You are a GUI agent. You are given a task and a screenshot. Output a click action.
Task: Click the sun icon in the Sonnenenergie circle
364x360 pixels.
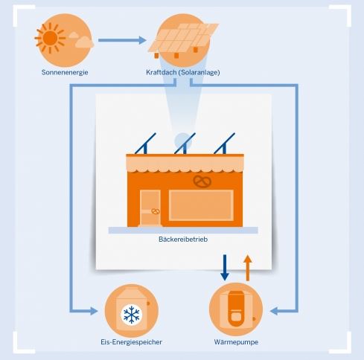click(x=50, y=38)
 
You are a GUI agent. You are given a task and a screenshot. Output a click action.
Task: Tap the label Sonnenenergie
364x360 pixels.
click(x=65, y=72)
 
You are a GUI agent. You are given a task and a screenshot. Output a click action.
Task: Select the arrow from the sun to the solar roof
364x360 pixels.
click(x=122, y=40)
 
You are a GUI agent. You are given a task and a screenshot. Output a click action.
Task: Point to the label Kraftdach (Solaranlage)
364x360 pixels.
click(x=183, y=72)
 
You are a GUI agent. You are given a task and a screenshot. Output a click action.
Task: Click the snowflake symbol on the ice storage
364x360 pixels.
click(x=132, y=315)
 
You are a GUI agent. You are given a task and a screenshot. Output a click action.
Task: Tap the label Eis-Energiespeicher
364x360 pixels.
click(x=131, y=342)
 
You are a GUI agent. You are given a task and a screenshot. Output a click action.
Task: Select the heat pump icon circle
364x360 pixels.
click(x=236, y=309)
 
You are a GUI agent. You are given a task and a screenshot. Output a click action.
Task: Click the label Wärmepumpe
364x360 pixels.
click(x=236, y=342)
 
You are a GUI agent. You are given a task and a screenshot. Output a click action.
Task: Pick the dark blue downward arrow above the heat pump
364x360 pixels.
click(x=225, y=268)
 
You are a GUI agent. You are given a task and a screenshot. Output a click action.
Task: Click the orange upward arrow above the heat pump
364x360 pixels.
click(x=248, y=268)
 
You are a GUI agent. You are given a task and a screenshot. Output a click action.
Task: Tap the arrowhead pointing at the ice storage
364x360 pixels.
click(x=94, y=311)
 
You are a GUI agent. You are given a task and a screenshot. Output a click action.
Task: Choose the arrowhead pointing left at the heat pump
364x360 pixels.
click(x=274, y=311)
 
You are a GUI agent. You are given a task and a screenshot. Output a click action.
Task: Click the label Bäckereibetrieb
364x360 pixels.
click(x=183, y=240)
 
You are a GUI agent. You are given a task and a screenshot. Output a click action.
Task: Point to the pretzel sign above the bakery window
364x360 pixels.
click(x=202, y=181)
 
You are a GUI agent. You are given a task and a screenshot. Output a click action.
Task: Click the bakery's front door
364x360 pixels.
click(x=150, y=208)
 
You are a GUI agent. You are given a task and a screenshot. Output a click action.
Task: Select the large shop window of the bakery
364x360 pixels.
click(x=201, y=205)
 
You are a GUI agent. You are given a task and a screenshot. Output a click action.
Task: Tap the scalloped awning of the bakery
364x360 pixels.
click(x=185, y=163)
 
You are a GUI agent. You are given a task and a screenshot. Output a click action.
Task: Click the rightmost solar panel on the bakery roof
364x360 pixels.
click(x=225, y=144)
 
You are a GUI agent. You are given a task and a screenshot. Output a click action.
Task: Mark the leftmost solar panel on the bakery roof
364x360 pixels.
click(x=145, y=144)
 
